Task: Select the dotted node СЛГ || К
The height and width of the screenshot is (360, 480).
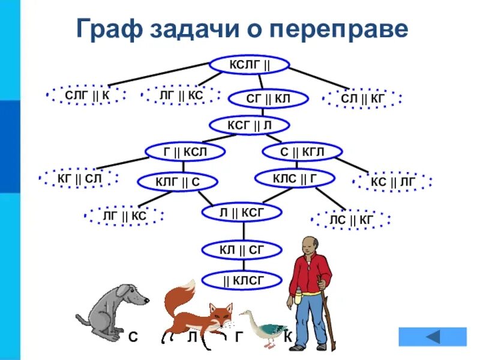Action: pos(87,94)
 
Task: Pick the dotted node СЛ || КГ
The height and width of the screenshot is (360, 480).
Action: pos(362,98)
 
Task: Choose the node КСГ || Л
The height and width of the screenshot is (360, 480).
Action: pos(250,125)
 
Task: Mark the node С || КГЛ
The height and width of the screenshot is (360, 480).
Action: pos(302,152)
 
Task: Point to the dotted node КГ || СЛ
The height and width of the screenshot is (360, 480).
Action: pos(80,178)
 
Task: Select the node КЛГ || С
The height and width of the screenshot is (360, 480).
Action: pos(178,181)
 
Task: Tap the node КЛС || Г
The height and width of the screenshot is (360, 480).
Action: pos(295,178)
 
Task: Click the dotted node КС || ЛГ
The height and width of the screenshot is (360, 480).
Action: pos(392,181)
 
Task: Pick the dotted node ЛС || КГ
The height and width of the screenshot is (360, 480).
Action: pos(352,220)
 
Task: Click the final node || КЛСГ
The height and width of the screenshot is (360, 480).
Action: pos(242,279)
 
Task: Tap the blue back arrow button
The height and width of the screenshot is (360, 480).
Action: pos(432,337)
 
